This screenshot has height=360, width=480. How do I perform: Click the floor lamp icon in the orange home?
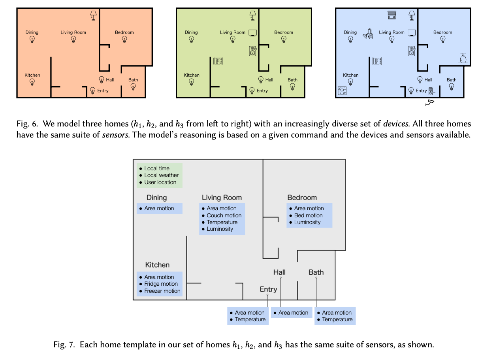click(93, 15)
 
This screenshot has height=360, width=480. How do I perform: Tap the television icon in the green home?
click(253, 33)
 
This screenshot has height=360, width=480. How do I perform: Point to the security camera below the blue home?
click(430, 103)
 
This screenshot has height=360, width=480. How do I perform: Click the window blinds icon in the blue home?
click(392, 15)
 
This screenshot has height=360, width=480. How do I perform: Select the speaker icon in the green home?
click(253, 51)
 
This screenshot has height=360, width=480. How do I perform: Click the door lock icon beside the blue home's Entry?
click(432, 91)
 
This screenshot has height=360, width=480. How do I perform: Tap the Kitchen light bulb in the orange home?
click(32, 82)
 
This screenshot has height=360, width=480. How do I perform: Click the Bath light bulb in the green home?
click(292, 87)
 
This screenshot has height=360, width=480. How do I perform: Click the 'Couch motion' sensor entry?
click(224, 215)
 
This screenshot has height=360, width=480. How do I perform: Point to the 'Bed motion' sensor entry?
click(308, 215)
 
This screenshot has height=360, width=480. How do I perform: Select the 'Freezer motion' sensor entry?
click(162, 291)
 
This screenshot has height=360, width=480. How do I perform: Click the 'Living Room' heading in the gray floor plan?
click(222, 198)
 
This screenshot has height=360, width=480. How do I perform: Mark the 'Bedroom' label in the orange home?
click(124, 32)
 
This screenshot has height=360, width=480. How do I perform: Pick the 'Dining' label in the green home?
click(191, 32)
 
